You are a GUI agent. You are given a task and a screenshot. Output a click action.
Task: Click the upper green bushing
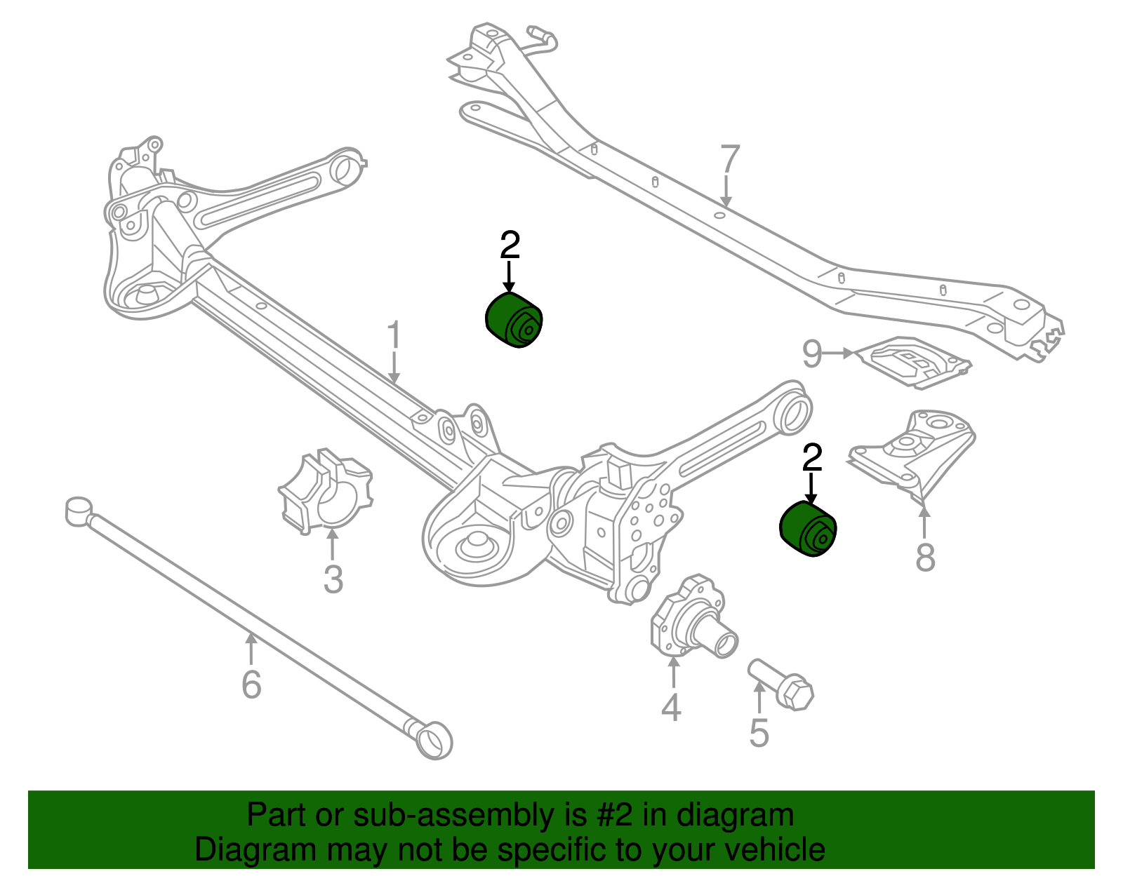coord(514,321)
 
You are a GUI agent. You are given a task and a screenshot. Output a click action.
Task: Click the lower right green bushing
coord(809,530)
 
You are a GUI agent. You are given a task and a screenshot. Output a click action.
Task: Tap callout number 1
coord(394,336)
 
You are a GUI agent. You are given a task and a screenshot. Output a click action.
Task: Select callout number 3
coord(333,579)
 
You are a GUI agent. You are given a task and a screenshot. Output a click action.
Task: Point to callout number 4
coord(671,707)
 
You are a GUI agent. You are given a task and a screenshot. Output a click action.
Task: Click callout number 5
coord(759,732)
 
